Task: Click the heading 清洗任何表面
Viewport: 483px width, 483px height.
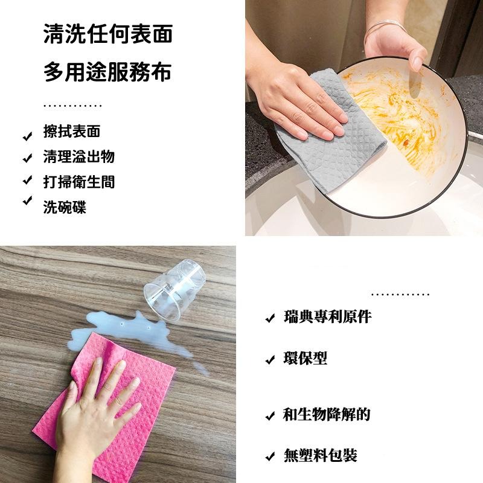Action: point(108,34)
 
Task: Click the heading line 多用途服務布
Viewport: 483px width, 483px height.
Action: point(108,72)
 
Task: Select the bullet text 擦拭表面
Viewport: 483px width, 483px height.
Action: point(72,132)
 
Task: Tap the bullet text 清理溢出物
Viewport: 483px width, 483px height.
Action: point(78,157)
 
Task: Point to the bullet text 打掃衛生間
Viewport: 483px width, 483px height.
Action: point(78,182)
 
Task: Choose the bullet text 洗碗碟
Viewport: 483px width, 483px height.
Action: point(65,207)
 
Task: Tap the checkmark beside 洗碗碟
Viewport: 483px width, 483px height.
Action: point(27,201)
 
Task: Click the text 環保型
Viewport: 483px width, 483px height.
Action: point(305,359)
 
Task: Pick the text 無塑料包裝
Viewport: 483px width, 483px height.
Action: point(321,455)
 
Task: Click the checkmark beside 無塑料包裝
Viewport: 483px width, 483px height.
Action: point(270,456)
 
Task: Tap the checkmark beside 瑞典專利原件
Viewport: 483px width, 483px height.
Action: point(270,318)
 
